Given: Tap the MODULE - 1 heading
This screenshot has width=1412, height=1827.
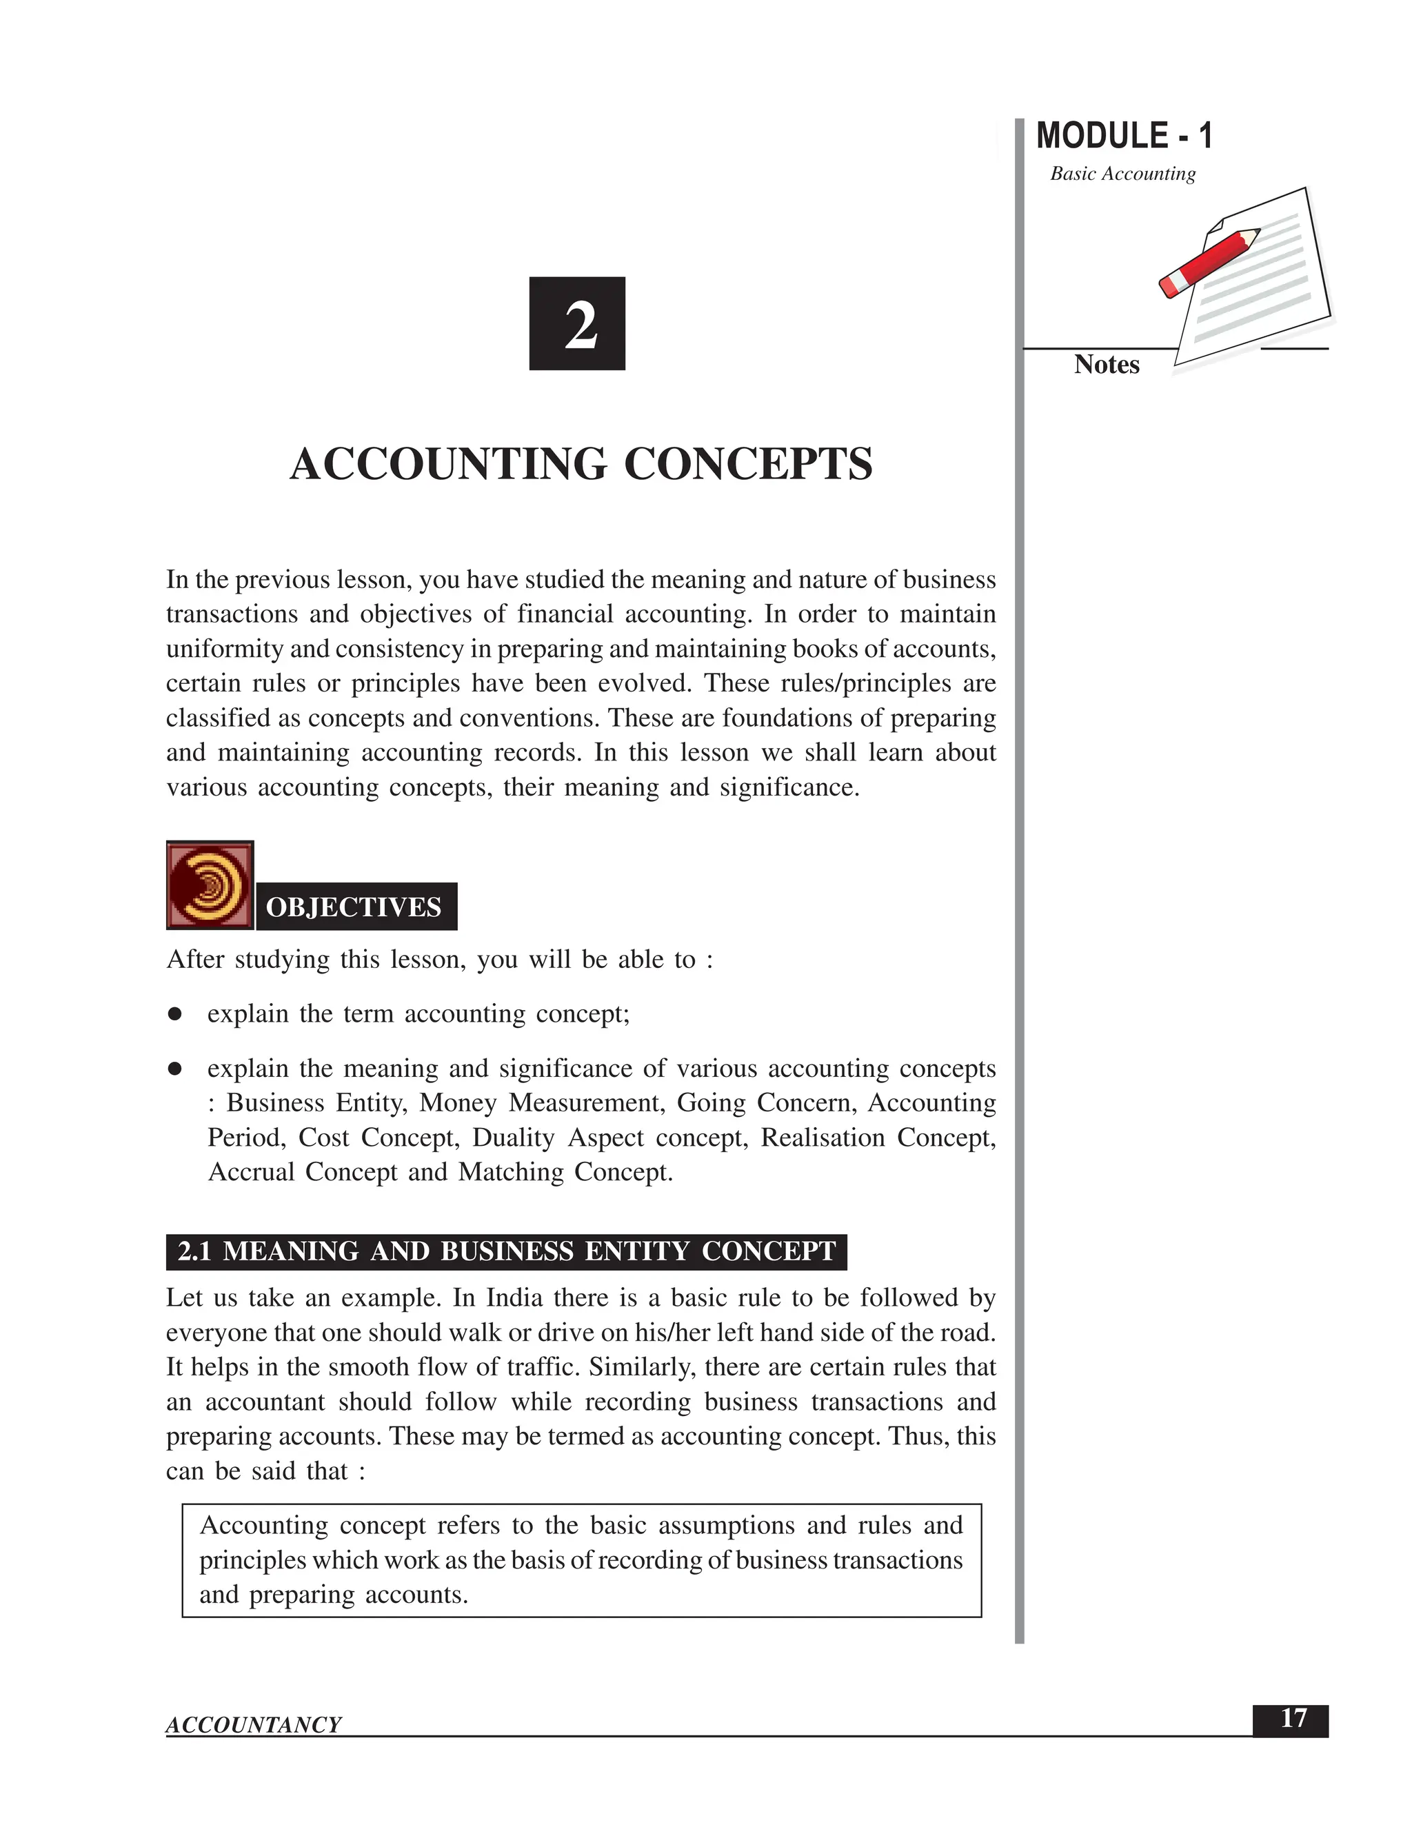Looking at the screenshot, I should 1123,136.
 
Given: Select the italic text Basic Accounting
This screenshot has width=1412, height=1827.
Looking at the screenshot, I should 1122,174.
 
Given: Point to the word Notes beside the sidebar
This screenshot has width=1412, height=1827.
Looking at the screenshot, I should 1106,365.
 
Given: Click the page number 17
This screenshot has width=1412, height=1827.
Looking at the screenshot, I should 1293,1719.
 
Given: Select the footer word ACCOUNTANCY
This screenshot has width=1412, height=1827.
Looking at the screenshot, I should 254,1725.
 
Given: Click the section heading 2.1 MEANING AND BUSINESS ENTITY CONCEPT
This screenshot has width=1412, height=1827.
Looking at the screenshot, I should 506,1251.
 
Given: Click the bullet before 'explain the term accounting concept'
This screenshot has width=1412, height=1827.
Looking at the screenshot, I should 175,1014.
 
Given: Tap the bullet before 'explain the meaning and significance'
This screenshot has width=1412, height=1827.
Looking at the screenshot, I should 175,1069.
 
